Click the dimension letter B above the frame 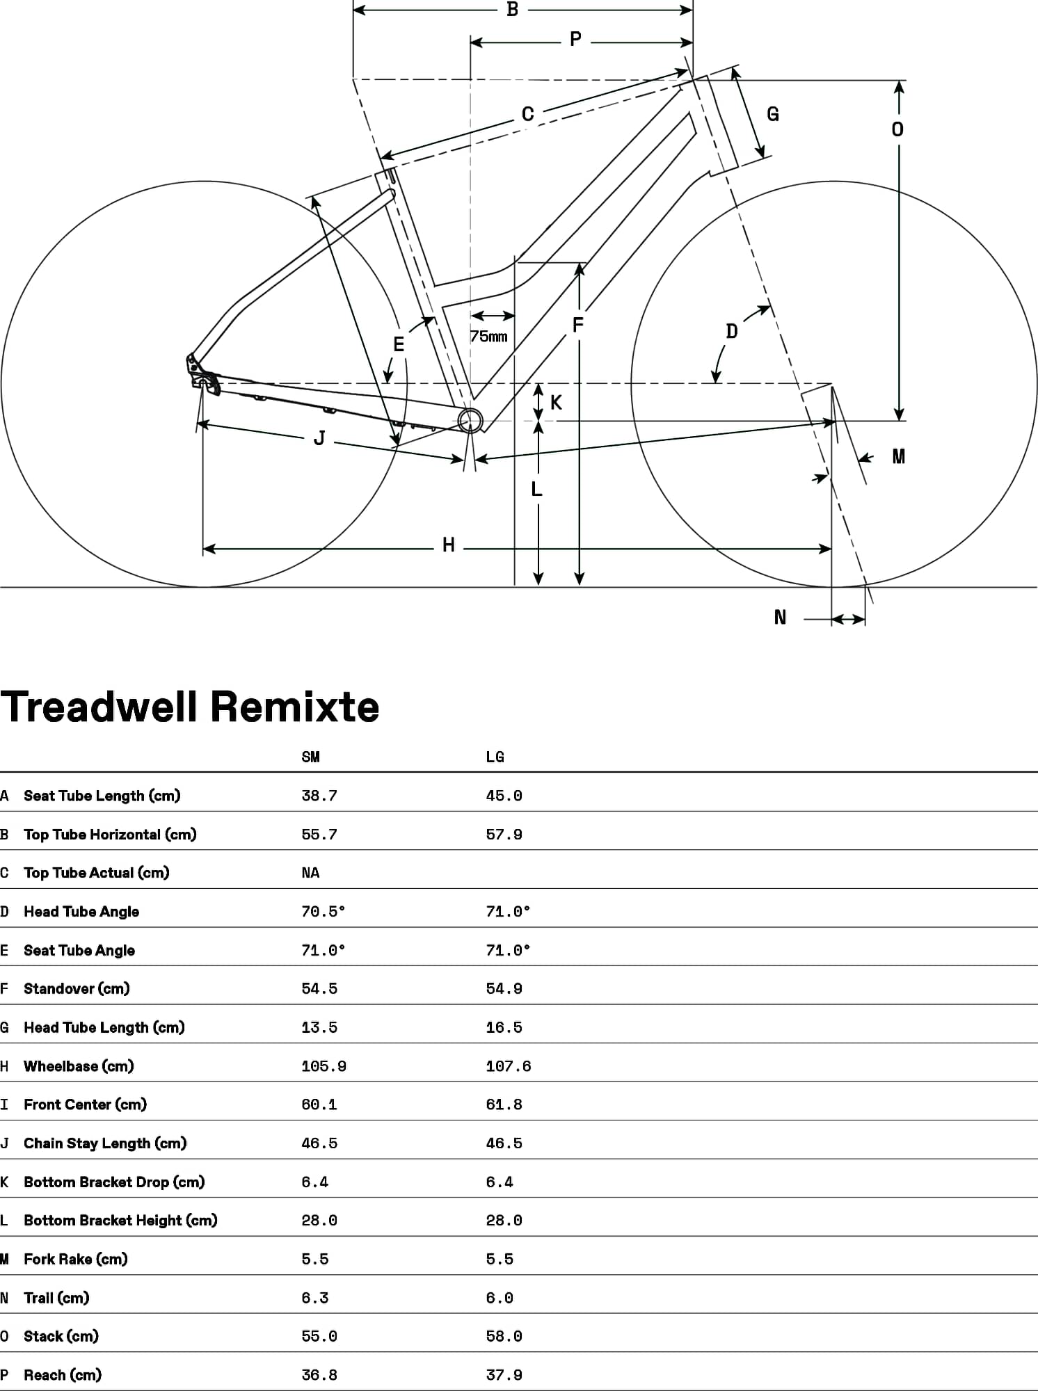coord(512,10)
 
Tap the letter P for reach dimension coord(575,40)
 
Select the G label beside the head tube coord(772,114)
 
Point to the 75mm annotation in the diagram coord(488,337)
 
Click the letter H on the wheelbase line coord(449,545)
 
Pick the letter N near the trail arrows coord(780,618)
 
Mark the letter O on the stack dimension coord(897,129)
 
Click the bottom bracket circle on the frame coord(470,420)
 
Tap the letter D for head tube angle coord(731,331)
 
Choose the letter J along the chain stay coord(319,438)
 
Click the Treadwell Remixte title coord(190,707)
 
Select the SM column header coord(310,757)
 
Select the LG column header coord(495,757)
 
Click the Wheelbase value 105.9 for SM coord(324,1066)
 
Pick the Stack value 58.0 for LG coord(504,1336)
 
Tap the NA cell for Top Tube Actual coord(310,873)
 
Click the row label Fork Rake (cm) coord(75,1259)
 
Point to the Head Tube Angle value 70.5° coord(323,911)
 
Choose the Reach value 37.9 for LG coord(504,1375)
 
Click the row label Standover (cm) coord(77,988)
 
